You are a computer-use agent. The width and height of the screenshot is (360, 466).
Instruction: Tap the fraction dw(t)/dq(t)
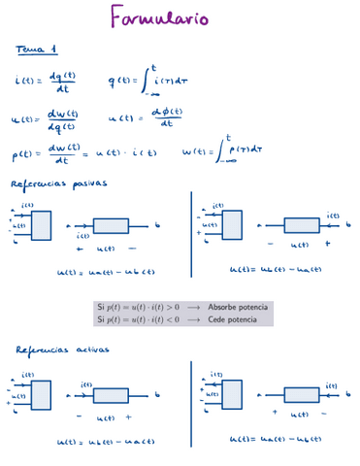click(62, 118)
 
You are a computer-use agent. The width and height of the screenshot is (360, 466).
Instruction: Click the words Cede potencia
click(230, 318)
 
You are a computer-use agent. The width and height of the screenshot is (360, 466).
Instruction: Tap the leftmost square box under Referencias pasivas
click(41, 225)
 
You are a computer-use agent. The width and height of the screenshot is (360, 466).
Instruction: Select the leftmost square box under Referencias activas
click(41, 394)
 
